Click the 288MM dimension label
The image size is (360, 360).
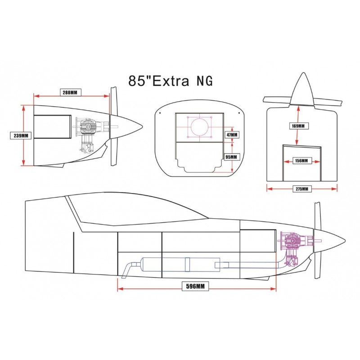point(70,93)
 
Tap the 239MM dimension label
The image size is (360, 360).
point(21,135)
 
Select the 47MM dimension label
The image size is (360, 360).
point(232,135)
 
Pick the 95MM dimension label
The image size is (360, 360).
point(231,157)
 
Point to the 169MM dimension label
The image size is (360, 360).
point(298,126)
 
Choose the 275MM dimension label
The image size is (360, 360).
point(302,189)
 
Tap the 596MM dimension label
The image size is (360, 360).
point(195,286)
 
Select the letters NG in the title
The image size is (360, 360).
point(205,81)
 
